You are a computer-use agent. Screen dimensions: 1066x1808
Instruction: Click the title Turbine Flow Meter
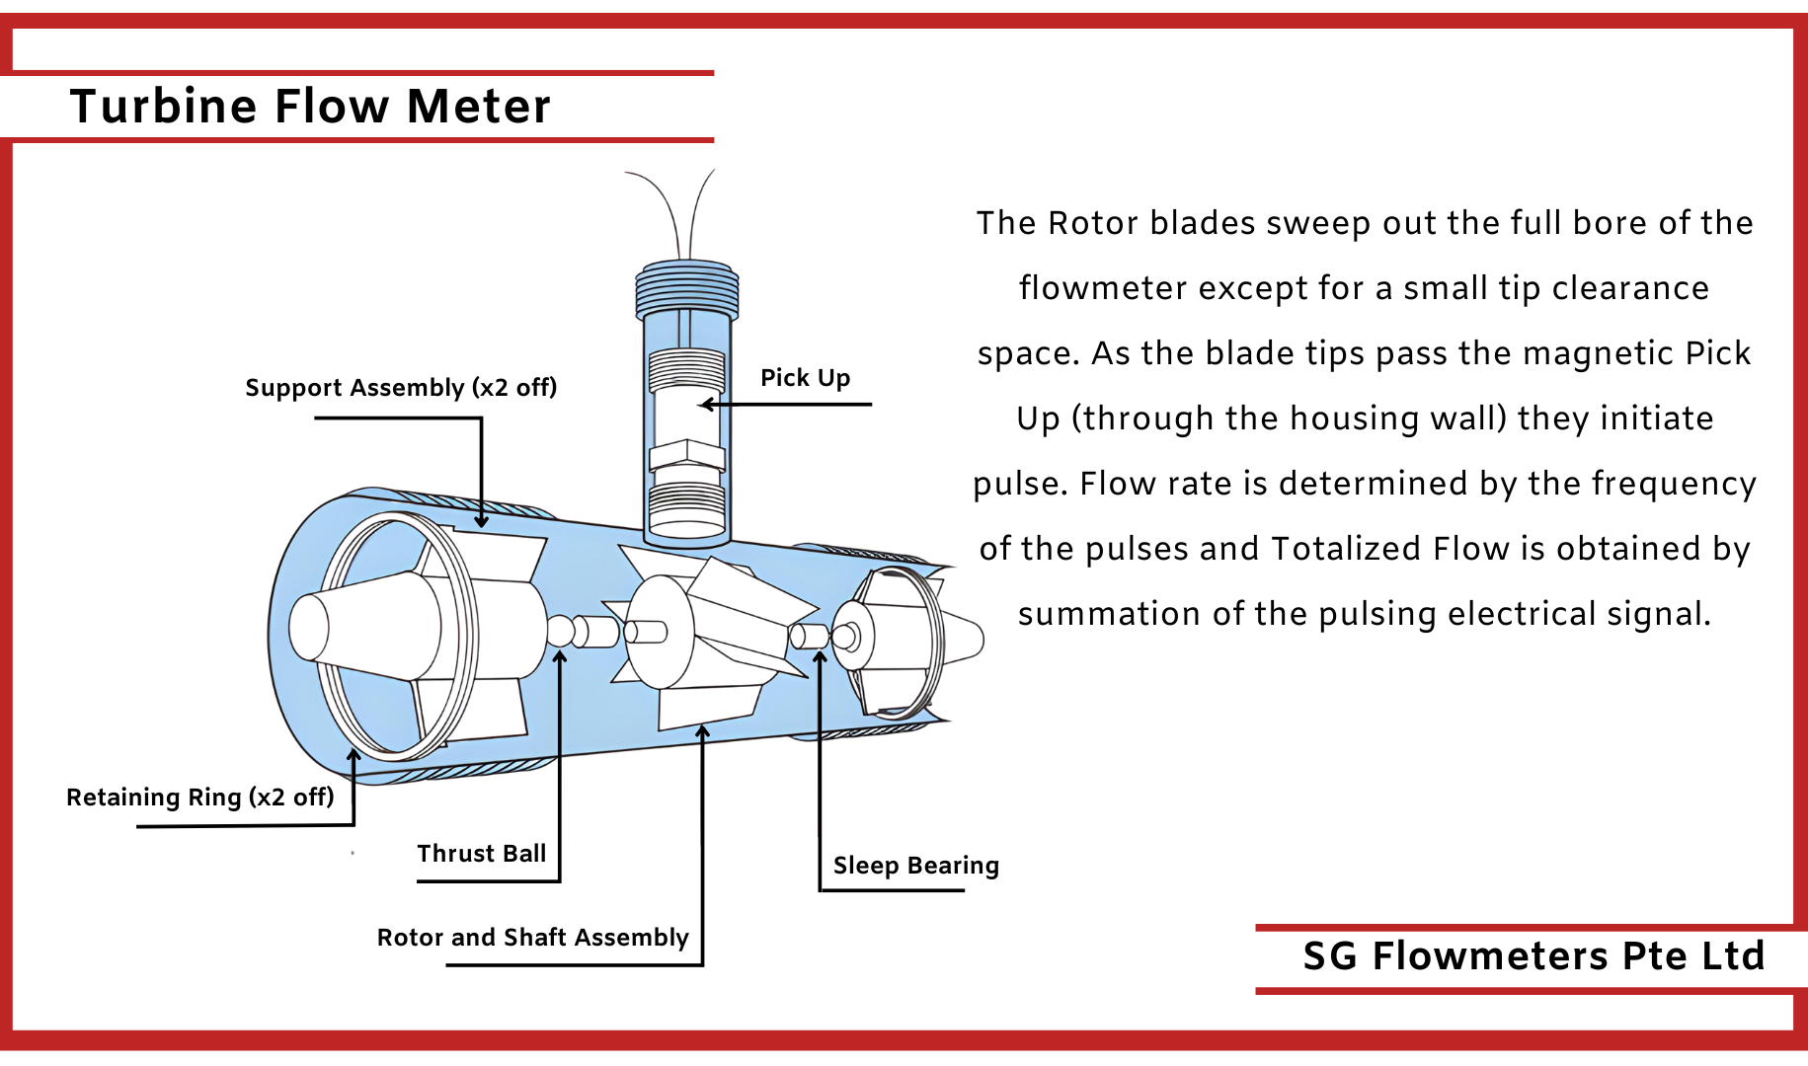tap(310, 107)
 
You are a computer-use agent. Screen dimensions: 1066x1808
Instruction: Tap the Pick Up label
tap(805, 378)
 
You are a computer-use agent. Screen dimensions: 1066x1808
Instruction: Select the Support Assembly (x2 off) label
tap(401, 388)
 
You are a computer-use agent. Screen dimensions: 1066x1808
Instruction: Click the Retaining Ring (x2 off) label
tap(199, 798)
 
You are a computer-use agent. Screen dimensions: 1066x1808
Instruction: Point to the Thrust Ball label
tap(481, 854)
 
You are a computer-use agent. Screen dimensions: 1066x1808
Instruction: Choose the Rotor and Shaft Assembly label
tap(532, 938)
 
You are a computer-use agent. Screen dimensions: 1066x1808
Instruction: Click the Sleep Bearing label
tap(915, 866)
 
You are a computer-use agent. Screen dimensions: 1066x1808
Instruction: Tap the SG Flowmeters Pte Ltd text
tap(1533, 956)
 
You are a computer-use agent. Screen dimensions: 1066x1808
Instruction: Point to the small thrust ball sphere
tap(560, 632)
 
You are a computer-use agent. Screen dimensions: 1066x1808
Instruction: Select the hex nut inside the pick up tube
tap(687, 455)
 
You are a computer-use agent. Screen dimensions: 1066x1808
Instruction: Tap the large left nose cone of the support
tap(365, 628)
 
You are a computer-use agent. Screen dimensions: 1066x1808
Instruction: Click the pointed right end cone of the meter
tap(965, 638)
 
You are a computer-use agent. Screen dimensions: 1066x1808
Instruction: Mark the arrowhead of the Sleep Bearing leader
tap(820, 657)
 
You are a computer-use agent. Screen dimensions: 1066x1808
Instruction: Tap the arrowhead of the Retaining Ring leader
tap(354, 756)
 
